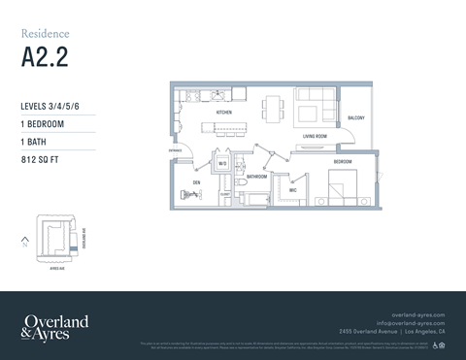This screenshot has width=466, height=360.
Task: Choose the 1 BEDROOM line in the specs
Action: coord(44,124)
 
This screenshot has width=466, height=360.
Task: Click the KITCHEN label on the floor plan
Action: coord(224,114)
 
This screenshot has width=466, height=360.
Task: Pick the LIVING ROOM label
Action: coord(314,137)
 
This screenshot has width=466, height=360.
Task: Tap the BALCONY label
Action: coord(355,117)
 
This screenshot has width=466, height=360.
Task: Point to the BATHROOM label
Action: coord(256,178)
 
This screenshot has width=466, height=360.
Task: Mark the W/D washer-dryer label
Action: coord(222,163)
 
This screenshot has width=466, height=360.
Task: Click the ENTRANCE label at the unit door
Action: coord(176,150)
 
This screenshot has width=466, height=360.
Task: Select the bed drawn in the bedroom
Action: coord(341,184)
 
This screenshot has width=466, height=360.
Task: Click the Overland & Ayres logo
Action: coord(54,326)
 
